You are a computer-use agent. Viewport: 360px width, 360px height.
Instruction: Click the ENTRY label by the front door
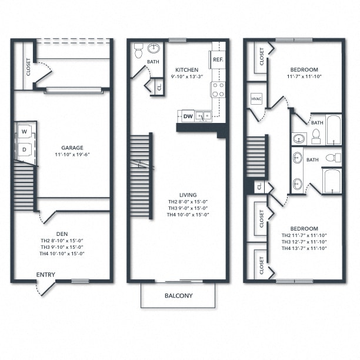pyautogui.click(x=46, y=275)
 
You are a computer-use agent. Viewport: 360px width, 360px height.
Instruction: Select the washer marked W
pyautogui.click(x=25, y=131)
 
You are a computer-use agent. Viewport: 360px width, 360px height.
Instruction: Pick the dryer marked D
pyautogui.click(x=25, y=149)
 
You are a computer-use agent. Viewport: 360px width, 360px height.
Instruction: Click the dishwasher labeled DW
pyautogui.click(x=188, y=116)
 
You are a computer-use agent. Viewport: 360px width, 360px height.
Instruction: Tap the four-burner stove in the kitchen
pyautogui.click(x=218, y=89)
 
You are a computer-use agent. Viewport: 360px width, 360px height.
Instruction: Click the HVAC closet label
pyautogui.click(x=256, y=100)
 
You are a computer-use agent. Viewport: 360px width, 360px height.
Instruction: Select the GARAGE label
pyautogui.click(x=72, y=148)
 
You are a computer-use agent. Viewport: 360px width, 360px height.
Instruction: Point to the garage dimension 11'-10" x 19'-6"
pyautogui.click(x=72, y=155)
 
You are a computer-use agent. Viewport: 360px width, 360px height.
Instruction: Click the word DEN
pyautogui.click(x=62, y=232)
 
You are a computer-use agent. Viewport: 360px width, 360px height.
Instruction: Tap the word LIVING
pyautogui.click(x=188, y=195)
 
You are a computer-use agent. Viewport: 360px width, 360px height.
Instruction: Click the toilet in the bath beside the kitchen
pyautogui.click(x=138, y=51)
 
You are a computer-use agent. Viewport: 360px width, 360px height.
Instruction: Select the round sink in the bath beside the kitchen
pyautogui.click(x=155, y=48)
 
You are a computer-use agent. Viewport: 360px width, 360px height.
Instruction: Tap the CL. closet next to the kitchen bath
pyautogui.click(x=158, y=88)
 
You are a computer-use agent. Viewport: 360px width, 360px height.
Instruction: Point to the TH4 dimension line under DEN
pyautogui.click(x=62, y=254)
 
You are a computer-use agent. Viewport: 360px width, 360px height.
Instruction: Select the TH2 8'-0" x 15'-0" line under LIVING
pyautogui.click(x=188, y=202)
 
